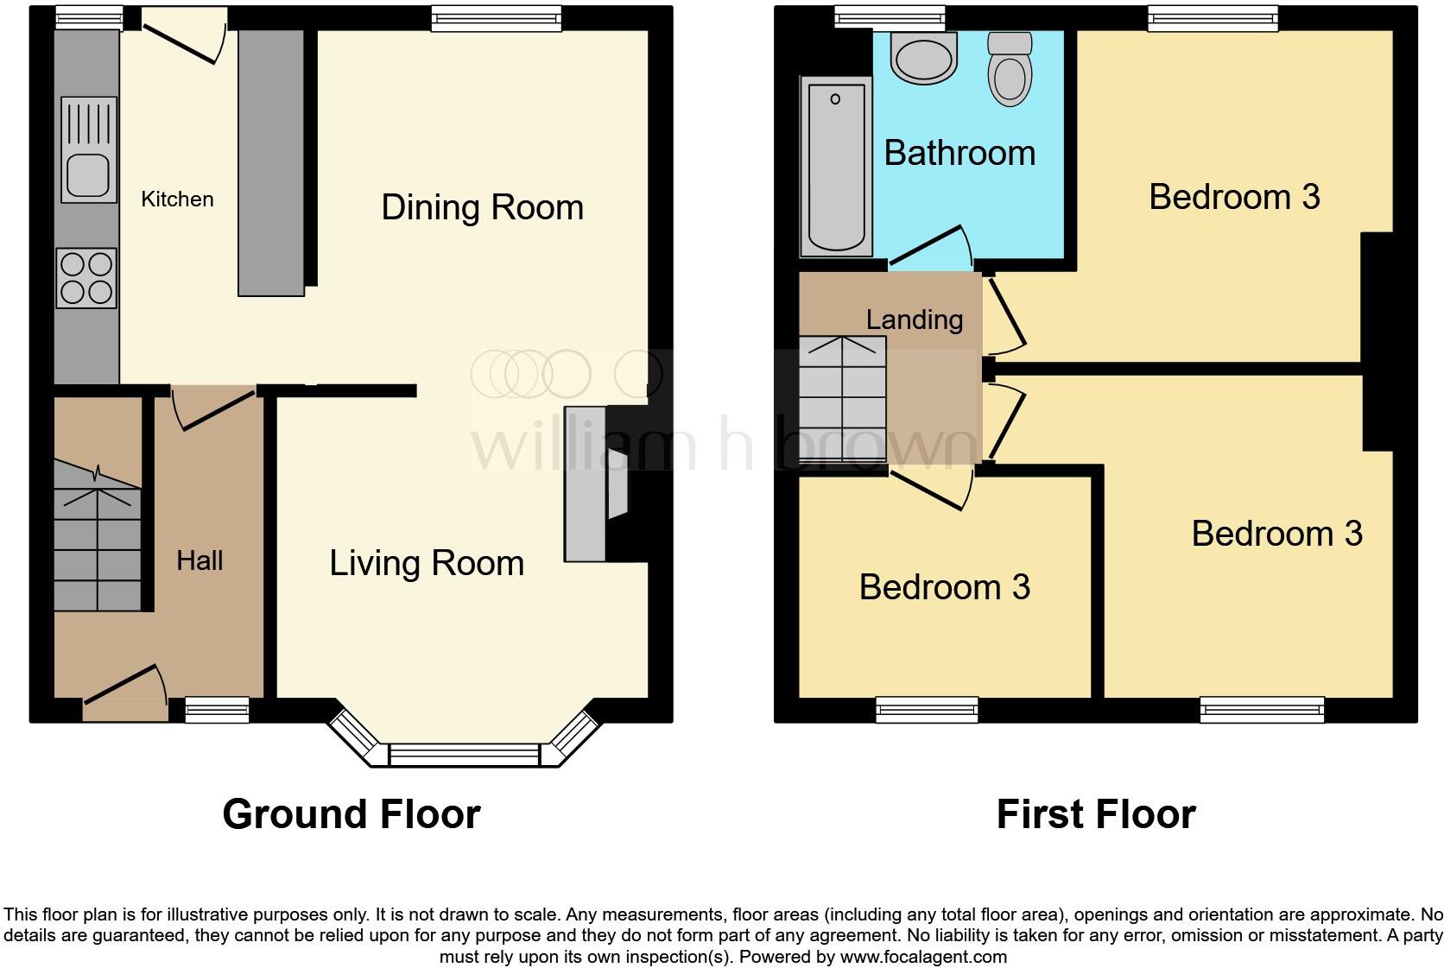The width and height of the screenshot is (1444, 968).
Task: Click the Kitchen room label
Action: coord(177,199)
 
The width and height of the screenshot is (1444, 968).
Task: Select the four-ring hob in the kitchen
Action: coord(86,278)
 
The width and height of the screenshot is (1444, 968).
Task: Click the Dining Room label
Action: coord(482,208)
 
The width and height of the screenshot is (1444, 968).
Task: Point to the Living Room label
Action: coord(427,564)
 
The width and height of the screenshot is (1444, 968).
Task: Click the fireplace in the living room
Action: coord(596,484)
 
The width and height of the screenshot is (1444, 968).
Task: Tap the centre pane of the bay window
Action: coord(464,755)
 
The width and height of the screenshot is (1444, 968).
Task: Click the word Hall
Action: coord(199,561)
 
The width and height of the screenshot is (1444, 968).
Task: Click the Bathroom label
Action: coord(959,154)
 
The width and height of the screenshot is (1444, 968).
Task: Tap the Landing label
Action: coord(915,320)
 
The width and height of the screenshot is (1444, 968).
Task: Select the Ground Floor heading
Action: coord(351,814)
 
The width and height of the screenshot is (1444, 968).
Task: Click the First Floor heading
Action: coord(1095,814)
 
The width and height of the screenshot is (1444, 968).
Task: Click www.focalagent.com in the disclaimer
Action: coord(922,957)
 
